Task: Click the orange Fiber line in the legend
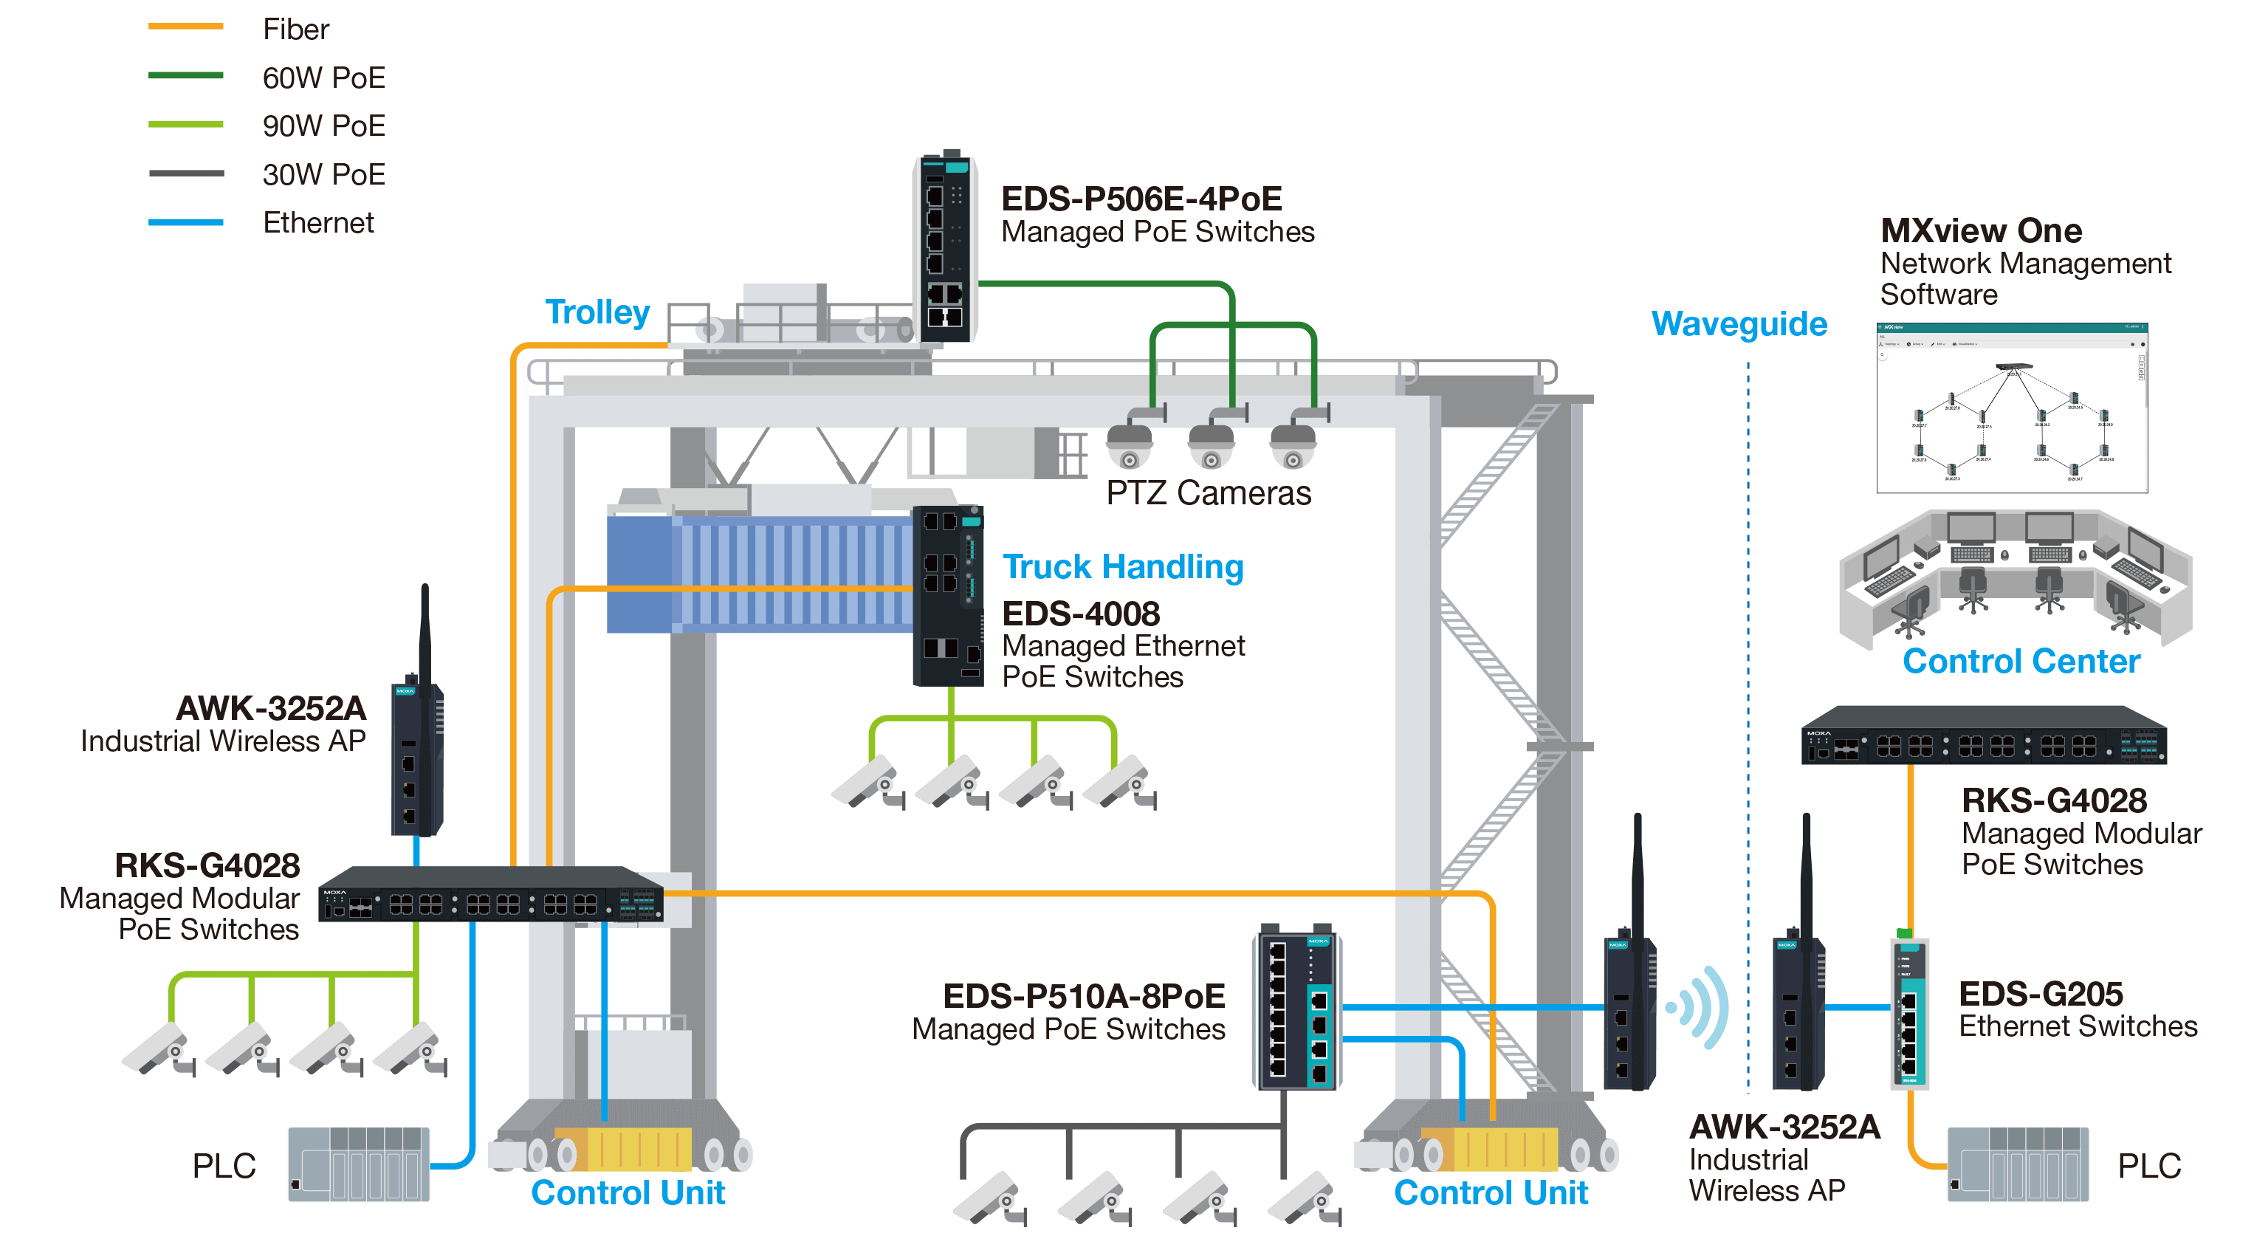[185, 27]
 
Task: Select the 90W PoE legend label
[324, 126]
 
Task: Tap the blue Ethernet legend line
[185, 222]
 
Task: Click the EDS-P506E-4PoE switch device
[945, 250]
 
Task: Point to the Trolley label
[597, 312]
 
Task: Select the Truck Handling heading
[1123, 567]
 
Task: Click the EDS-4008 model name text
[1081, 614]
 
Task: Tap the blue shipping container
[761, 573]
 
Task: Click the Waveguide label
[1739, 323]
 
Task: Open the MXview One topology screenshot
[2012, 408]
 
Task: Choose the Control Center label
[2021, 662]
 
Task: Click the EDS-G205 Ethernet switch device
[1909, 1013]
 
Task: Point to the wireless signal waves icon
[1700, 1007]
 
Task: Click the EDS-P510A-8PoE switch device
[1296, 1011]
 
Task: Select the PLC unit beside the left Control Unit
[359, 1164]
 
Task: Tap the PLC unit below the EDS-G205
[2018, 1164]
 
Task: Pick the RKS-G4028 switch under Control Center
[1984, 737]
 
